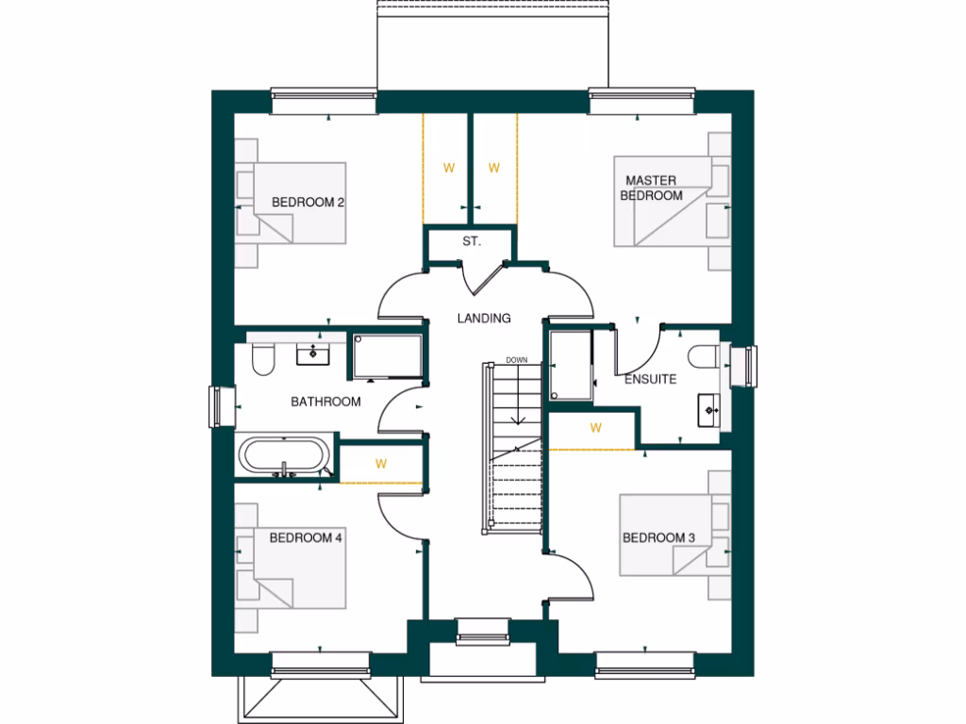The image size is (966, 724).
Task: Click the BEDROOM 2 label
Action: click(307, 202)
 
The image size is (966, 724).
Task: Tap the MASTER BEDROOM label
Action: click(650, 188)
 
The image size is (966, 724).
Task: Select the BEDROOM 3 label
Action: click(658, 538)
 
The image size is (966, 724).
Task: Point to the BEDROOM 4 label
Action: click(306, 538)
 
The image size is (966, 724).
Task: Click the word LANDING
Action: click(484, 319)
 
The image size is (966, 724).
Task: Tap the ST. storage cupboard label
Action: click(472, 242)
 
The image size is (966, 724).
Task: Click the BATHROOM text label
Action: click(325, 402)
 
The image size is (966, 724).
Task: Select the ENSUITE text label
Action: click(650, 380)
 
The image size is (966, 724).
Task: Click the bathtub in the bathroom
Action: click(285, 457)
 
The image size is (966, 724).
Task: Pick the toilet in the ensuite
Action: click(704, 357)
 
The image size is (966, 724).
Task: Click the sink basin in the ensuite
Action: click(709, 410)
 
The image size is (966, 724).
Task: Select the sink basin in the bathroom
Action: click(311, 354)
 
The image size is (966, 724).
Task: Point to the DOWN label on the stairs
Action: click(516, 360)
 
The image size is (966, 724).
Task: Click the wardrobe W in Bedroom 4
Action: click(381, 464)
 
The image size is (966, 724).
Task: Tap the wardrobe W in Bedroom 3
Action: click(595, 428)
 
